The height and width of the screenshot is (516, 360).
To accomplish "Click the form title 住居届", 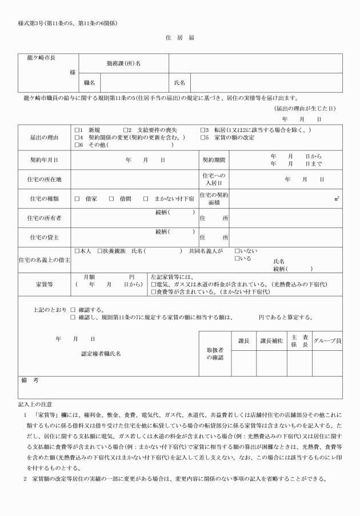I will (x=180, y=38).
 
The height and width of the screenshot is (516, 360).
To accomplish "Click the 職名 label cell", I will (x=89, y=83).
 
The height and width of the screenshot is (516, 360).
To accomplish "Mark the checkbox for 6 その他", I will (x=77, y=145).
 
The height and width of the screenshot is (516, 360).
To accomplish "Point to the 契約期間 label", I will (x=214, y=161).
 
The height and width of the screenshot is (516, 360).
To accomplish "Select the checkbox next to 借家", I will (x=77, y=199).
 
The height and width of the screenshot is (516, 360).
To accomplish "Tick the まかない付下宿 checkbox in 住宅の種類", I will (x=146, y=199).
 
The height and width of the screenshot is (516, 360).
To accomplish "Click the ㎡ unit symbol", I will (x=337, y=199).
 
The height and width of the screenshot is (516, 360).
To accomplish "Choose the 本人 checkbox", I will (x=77, y=251).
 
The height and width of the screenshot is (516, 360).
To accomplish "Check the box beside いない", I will (x=237, y=251).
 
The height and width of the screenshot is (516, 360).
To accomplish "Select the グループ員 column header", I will (x=327, y=341).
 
